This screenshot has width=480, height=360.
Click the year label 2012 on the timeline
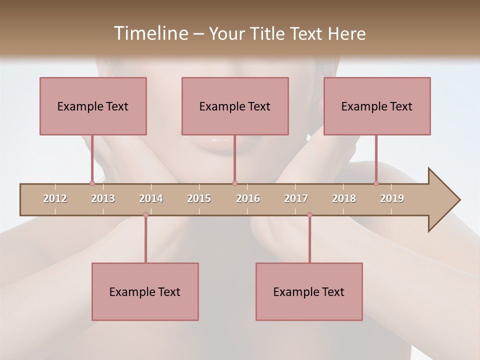[55, 198]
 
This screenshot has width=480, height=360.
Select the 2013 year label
[103, 198]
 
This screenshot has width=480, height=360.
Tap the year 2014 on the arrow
[151, 198]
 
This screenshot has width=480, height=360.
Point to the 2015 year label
[199, 198]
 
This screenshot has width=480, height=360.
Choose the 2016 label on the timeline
[248, 198]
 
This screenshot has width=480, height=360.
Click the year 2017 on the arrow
[296, 198]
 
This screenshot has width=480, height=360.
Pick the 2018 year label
[344, 198]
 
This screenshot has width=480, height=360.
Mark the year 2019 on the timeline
[392, 198]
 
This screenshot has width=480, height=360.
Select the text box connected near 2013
[93, 106]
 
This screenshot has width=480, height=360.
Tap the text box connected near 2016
[235, 106]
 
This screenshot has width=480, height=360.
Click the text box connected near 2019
[377, 106]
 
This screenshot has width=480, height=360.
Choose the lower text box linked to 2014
[145, 291]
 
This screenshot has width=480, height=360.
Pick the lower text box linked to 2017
[309, 291]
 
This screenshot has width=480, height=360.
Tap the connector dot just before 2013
[92, 183]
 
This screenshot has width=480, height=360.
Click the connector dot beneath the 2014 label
[145, 215]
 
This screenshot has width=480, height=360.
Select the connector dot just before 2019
[376, 183]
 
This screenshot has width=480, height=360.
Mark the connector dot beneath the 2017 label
[309, 215]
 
